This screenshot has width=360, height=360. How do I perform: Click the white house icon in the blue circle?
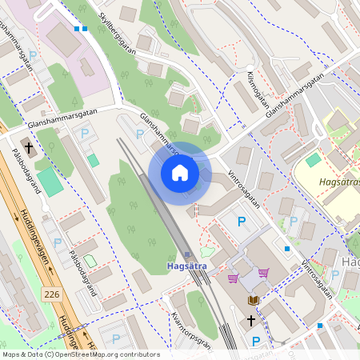click(180, 173)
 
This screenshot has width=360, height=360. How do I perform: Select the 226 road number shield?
click(52, 295)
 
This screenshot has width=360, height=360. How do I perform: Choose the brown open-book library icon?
click(254, 300)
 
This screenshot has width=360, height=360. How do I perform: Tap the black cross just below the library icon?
click(250, 321)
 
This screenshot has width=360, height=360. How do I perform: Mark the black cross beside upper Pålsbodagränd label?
click(29, 148)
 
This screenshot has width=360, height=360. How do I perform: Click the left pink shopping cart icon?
click(233, 278)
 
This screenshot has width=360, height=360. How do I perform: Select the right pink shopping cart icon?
click(263, 274)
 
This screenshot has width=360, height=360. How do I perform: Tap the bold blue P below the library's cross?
click(256, 342)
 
